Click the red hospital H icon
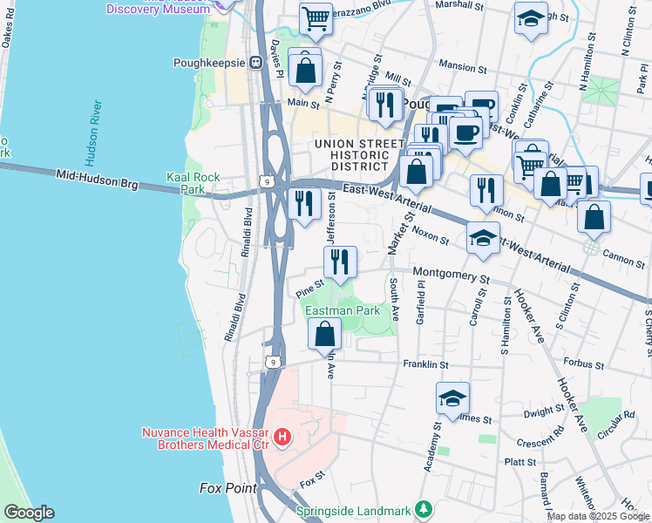click(282, 437)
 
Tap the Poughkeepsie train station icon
click(256, 63)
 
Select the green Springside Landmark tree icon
click(423, 508)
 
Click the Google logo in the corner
click(28, 513)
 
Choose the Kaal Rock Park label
click(193, 183)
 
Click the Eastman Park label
click(342, 310)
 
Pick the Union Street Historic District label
click(350, 154)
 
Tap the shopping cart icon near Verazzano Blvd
click(316, 17)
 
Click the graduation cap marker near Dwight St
click(452, 397)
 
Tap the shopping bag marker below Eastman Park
click(325, 333)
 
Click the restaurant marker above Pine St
click(340, 260)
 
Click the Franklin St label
click(424, 364)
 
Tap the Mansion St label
click(463, 66)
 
